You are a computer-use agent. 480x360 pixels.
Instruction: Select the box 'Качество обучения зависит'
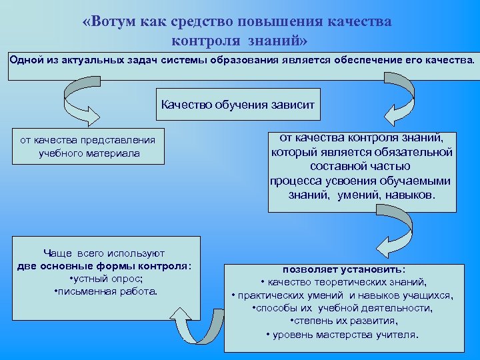pos(238,105)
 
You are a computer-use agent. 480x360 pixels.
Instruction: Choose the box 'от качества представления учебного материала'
pos(88,147)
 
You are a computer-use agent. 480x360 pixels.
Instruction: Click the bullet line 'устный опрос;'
pos(106,279)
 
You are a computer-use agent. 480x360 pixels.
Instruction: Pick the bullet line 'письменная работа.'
pos(105,291)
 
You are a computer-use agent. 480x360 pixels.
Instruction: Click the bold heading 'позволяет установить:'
pos(343,270)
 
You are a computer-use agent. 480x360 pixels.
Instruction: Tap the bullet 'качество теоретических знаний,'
pos(343,282)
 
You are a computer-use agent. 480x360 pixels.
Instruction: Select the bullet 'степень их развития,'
pos(343,321)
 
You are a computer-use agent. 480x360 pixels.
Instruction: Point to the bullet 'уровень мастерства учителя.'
pos(343,334)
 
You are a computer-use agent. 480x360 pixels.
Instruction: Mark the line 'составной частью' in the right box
pos(361,166)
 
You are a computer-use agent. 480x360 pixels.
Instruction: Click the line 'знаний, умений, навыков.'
pos(361,195)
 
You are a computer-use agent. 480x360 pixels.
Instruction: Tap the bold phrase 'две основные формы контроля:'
pos(105,266)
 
